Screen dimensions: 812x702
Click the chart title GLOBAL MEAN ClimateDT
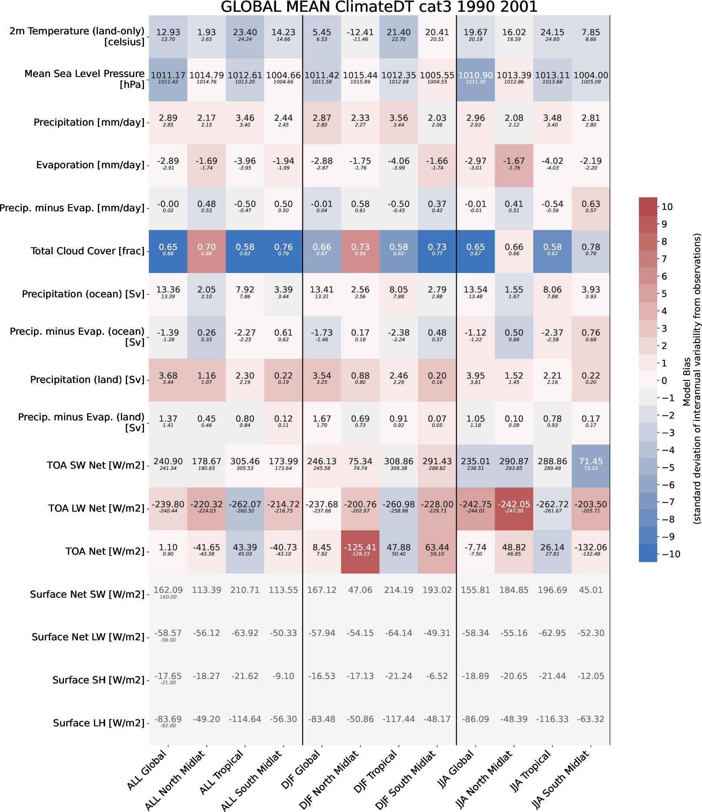point(379,7)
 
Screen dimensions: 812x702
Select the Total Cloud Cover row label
point(87,251)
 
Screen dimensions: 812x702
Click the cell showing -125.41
point(360,551)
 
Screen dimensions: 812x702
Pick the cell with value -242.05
point(514,508)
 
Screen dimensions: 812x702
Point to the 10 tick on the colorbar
point(667,207)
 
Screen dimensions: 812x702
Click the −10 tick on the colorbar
point(671,554)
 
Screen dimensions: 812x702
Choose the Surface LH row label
point(99,723)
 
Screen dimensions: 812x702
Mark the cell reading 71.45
point(591,465)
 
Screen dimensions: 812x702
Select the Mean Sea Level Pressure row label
point(84,79)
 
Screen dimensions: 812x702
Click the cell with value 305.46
point(245,465)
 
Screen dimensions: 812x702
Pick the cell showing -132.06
point(591,551)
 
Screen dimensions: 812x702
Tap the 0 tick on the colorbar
point(664,381)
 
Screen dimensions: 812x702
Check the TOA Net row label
point(105,551)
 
